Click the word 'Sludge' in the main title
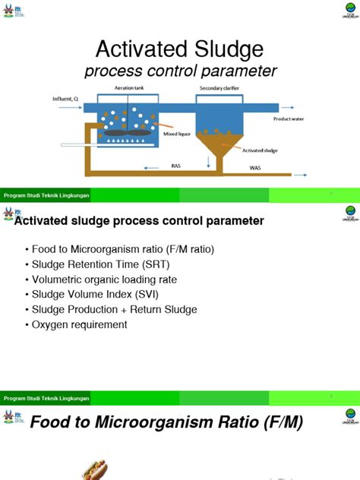(222, 50)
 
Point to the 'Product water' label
(289, 118)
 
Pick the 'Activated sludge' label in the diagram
(259, 150)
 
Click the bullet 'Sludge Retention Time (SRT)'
(97, 264)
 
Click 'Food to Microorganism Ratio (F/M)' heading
(166, 422)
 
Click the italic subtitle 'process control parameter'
(180, 71)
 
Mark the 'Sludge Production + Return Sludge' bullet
(114, 309)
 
